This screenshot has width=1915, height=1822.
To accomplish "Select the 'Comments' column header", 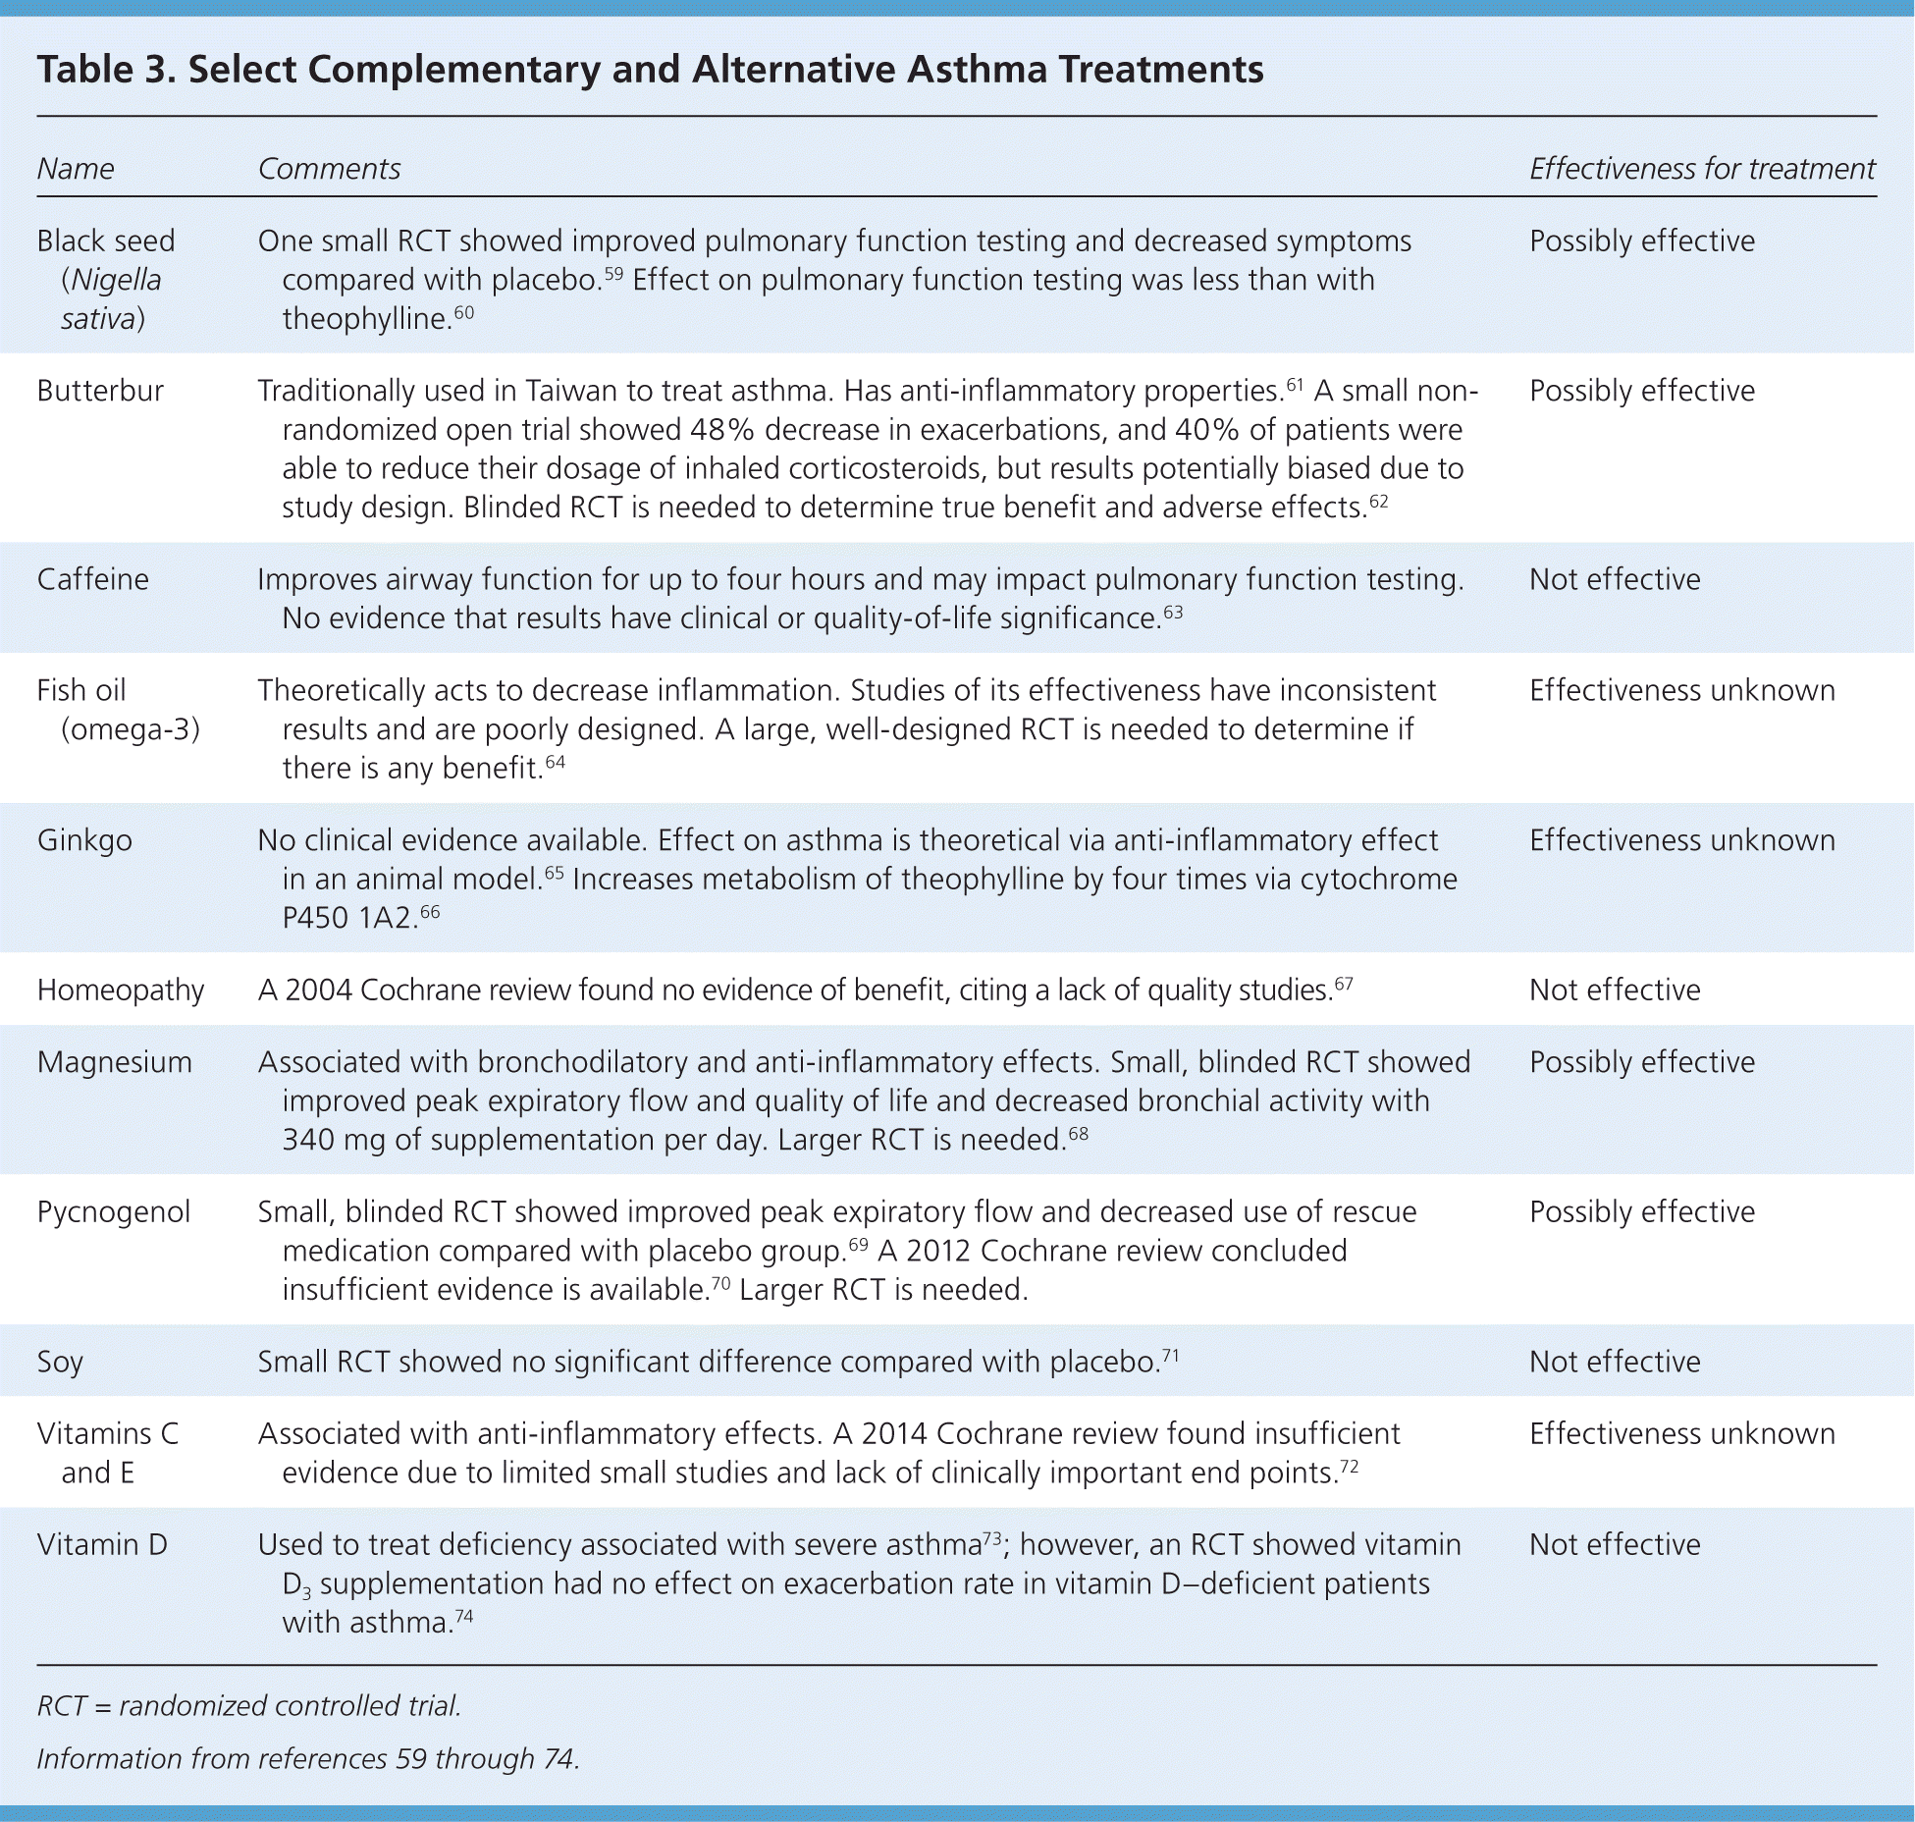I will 329,169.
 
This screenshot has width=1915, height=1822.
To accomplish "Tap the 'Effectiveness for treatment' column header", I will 1701,169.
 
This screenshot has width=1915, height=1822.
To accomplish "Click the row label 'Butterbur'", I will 100,391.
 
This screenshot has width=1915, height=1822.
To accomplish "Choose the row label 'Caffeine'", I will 93,579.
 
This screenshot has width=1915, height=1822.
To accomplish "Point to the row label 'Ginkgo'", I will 84,840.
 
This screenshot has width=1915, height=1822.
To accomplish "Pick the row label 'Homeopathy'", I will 121,990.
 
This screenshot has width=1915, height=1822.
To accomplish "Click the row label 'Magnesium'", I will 115,1062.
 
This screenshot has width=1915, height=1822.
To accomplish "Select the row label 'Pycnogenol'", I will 114,1211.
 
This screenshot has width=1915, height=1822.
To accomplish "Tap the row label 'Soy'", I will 60,1362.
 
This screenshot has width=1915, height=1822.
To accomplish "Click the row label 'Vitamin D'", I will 102,1544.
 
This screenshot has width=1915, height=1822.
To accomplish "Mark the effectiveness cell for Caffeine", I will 1615,579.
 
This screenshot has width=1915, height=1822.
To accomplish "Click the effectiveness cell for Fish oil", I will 1681,690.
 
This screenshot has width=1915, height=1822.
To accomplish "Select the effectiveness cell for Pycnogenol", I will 1642,1211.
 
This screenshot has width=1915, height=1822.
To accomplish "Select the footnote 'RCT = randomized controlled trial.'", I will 249,1705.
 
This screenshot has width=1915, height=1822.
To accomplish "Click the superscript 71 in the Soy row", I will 1170,1356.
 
